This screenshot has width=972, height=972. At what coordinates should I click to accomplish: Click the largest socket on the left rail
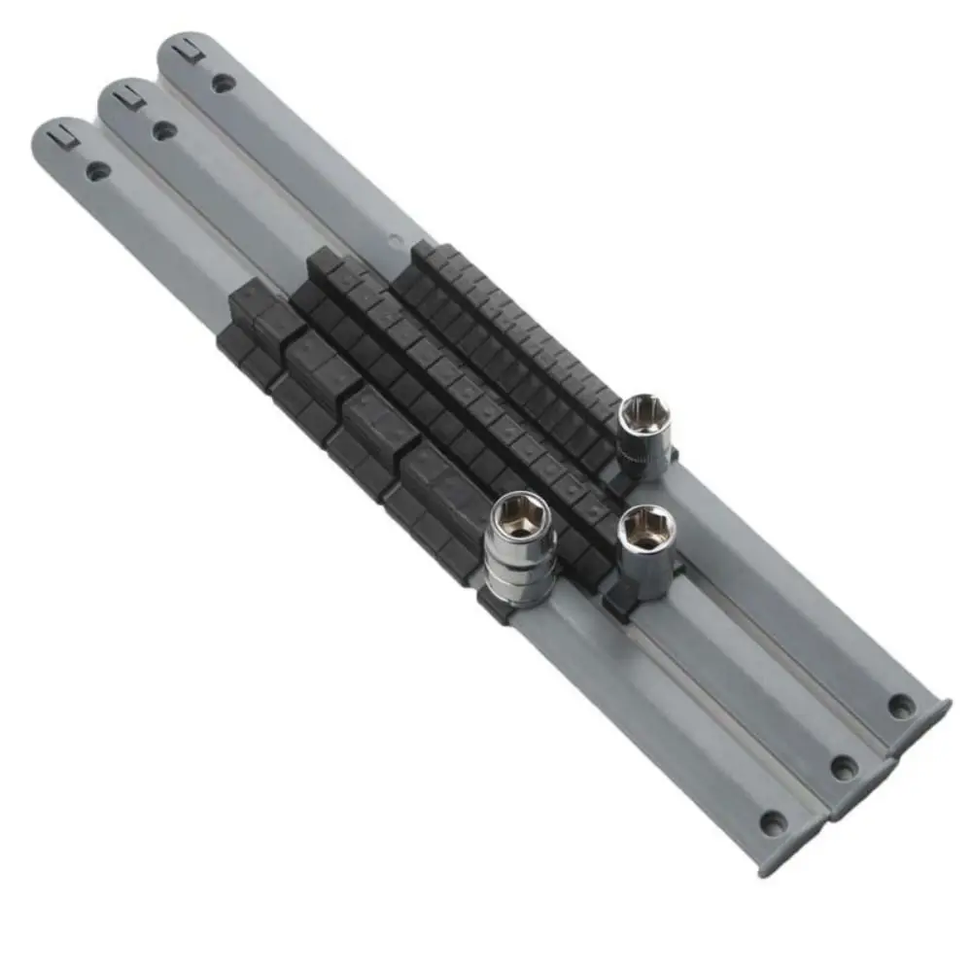[x=523, y=549]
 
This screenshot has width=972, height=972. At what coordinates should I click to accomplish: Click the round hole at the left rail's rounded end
[x=97, y=171]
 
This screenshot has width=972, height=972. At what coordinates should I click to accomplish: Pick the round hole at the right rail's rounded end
[x=225, y=82]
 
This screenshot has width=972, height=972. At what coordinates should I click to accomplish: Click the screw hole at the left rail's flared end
[x=773, y=822]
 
